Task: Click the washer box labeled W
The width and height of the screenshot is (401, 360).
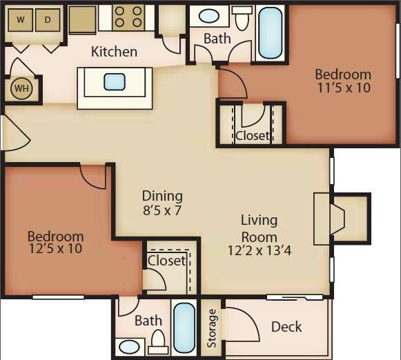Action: (x=20, y=20)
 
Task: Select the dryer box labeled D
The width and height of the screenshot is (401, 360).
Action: (x=48, y=20)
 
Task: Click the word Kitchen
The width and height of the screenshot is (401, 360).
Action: (x=114, y=52)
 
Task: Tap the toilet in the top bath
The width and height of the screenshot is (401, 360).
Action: (x=242, y=19)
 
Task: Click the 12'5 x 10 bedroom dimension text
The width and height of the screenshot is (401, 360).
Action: (x=56, y=249)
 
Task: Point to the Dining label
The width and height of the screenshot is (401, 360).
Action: (x=162, y=195)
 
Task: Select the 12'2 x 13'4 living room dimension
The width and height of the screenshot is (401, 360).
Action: (x=260, y=250)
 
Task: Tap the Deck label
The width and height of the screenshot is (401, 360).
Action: (x=286, y=326)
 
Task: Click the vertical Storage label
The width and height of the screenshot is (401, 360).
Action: (x=212, y=328)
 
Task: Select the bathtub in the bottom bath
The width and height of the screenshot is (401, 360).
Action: (x=184, y=328)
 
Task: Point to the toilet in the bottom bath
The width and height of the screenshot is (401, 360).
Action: (x=158, y=341)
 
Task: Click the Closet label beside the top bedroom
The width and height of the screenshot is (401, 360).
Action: (x=252, y=135)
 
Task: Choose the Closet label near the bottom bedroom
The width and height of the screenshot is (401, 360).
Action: (x=167, y=261)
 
